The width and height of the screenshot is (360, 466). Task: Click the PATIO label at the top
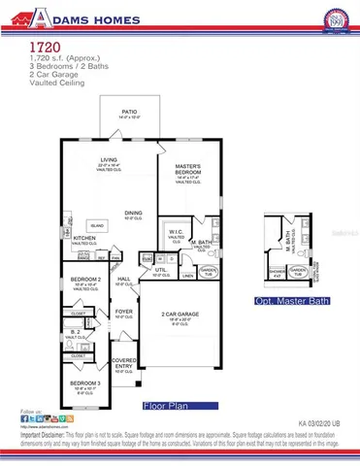129,111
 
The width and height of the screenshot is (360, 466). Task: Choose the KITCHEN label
84,237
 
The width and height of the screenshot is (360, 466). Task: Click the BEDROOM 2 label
82,279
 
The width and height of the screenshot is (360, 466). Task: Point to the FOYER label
123,312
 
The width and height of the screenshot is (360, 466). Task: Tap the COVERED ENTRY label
124,361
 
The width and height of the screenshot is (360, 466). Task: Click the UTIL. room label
161,271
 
